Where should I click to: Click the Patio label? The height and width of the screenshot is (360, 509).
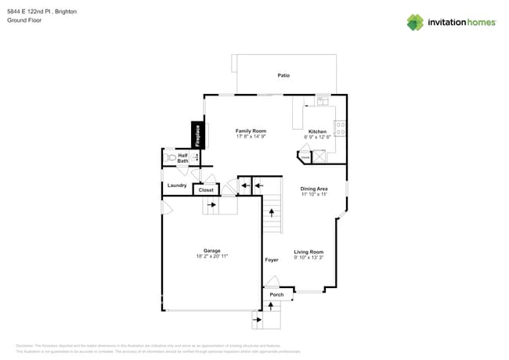283,75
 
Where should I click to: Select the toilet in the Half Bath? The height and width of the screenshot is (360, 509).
171,157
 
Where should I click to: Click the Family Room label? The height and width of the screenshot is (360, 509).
251,131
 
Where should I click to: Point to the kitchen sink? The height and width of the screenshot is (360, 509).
323,102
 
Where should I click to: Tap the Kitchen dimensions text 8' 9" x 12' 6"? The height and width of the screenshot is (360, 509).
317,137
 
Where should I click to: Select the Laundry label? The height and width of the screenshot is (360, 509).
177,185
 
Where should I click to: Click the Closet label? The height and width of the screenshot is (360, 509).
206,189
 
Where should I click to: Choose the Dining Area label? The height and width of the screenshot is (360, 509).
313,189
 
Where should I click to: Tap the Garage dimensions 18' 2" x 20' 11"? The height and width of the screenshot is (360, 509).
211,256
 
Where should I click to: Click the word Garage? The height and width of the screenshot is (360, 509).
211,250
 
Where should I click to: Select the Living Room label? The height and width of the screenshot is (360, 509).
309,252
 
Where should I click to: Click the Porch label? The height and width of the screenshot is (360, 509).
276,295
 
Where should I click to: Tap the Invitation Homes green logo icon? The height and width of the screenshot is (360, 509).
414,22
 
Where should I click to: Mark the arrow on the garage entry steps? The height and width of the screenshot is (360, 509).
212,204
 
